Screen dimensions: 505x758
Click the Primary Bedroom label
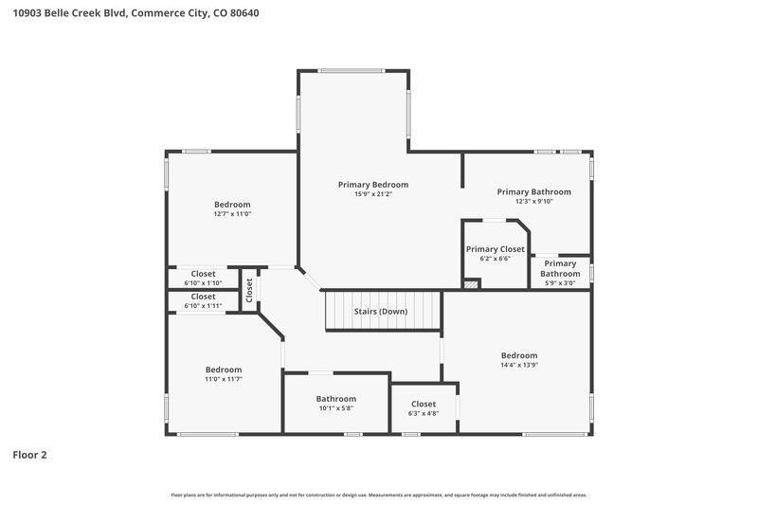pos(373,185)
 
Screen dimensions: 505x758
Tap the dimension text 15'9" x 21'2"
pos(373,194)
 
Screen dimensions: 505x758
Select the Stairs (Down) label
pos(381,312)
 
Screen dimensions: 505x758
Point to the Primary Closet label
pos(495,249)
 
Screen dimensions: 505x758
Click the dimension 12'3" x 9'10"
pos(534,201)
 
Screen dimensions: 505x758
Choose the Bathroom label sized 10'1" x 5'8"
pos(336,399)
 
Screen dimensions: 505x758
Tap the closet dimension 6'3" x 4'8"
pos(424,413)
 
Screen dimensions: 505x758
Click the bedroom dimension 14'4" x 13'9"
pos(519,365)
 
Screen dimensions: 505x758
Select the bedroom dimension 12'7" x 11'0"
pos(232,214)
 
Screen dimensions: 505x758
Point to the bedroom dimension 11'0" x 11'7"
pos(224,379)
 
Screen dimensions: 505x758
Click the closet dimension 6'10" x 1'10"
pos(204,283)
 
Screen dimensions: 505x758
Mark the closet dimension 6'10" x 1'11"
pos(204,306)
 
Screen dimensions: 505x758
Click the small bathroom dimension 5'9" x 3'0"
pos(560,282)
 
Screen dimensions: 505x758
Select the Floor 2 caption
pos(29,455)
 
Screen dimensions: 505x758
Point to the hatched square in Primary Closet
pos(471,283)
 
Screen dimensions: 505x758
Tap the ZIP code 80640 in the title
pos(244,13)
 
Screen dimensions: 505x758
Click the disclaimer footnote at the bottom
pos(379,495)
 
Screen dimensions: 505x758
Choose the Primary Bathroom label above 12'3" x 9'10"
pos(534,191)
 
